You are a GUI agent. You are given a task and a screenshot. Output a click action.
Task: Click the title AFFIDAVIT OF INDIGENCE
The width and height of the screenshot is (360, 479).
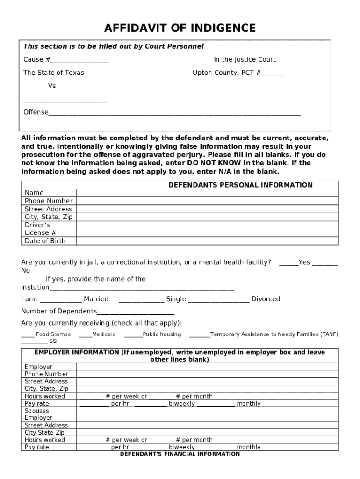[x=180, y=29]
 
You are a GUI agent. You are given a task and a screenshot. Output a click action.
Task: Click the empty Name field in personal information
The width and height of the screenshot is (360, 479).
[x=207, y=193]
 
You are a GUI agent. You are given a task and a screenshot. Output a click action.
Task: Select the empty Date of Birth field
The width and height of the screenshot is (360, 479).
[x=207, y=241]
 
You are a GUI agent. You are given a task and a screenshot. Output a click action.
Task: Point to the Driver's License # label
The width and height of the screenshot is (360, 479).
[x=40, y=229]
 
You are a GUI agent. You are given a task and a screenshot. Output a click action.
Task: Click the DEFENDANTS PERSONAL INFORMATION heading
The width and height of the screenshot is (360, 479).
[x=240, y=185]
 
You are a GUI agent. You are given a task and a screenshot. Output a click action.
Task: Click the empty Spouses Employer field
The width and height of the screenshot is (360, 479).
[x=207, y=414]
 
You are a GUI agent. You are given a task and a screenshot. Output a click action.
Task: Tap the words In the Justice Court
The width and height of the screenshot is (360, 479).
[x=245, y=59]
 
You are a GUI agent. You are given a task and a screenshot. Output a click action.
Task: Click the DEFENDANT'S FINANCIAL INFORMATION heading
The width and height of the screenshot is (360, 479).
[x=180, y=454]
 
